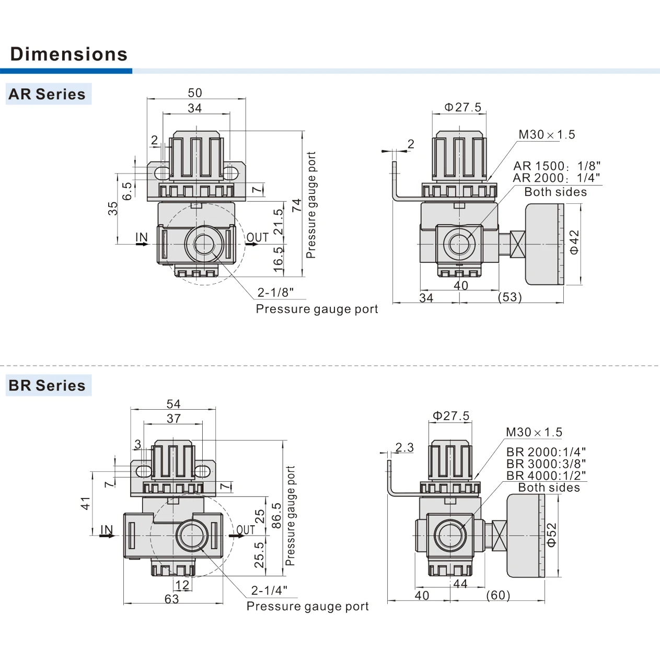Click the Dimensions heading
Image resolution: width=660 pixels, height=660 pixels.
tap(69, 54)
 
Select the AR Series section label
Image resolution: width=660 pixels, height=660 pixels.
tap(47, 94)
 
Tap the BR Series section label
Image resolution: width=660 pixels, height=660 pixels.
tap(47, 385)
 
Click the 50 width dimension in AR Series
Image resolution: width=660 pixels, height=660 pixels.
tap(195, 92)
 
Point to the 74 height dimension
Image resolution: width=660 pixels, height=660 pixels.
tap(297, 205)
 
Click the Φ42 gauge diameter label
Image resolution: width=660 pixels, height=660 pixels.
tap(574, 242)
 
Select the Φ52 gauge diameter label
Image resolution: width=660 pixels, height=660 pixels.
tap(552, 535)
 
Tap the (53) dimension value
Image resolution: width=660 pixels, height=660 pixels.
tap(510, 297)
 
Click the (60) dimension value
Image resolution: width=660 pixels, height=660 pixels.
tap(498, 595)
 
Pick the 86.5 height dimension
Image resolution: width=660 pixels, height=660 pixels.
tap(276, 515)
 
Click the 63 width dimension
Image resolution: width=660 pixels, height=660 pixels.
tap(171, 599)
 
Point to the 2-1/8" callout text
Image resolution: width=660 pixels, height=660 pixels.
tap(275, 292)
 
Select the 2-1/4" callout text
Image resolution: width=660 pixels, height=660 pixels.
tap(269, 590)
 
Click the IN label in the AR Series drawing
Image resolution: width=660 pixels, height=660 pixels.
tap(142, 237)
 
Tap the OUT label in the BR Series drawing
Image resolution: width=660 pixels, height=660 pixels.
tap(246, 530)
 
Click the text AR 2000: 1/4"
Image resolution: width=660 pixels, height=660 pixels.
tap(557, 178)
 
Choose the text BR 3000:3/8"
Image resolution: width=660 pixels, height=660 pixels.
tap(546, 464)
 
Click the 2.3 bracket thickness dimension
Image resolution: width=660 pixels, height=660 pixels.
tap(404, 447)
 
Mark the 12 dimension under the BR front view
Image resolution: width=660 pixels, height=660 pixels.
tap(182, 585)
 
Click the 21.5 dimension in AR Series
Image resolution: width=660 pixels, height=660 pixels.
tap(279, 222)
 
